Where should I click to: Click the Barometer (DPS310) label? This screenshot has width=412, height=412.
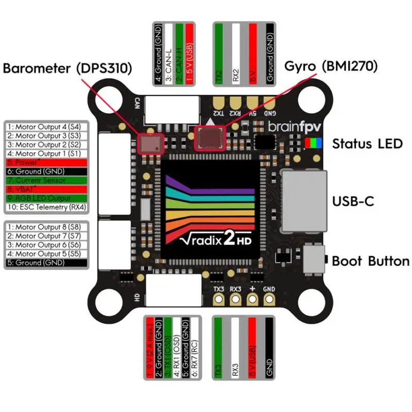point(67,68)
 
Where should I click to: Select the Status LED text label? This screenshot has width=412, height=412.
point(367,144)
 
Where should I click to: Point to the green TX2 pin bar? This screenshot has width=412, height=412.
point(220,52)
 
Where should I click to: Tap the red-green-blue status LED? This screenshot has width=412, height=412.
point(312,143)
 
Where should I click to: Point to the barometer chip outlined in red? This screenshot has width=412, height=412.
point(151,143)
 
